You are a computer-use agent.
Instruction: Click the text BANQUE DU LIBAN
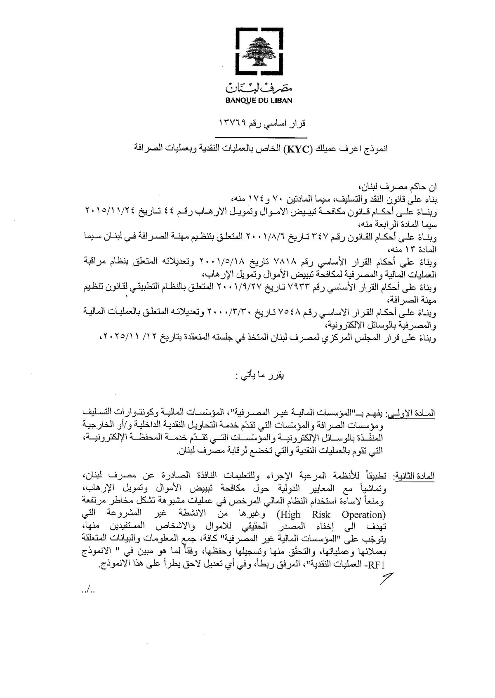click(258, 100)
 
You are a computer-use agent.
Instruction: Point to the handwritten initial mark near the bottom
click(386, 580)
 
